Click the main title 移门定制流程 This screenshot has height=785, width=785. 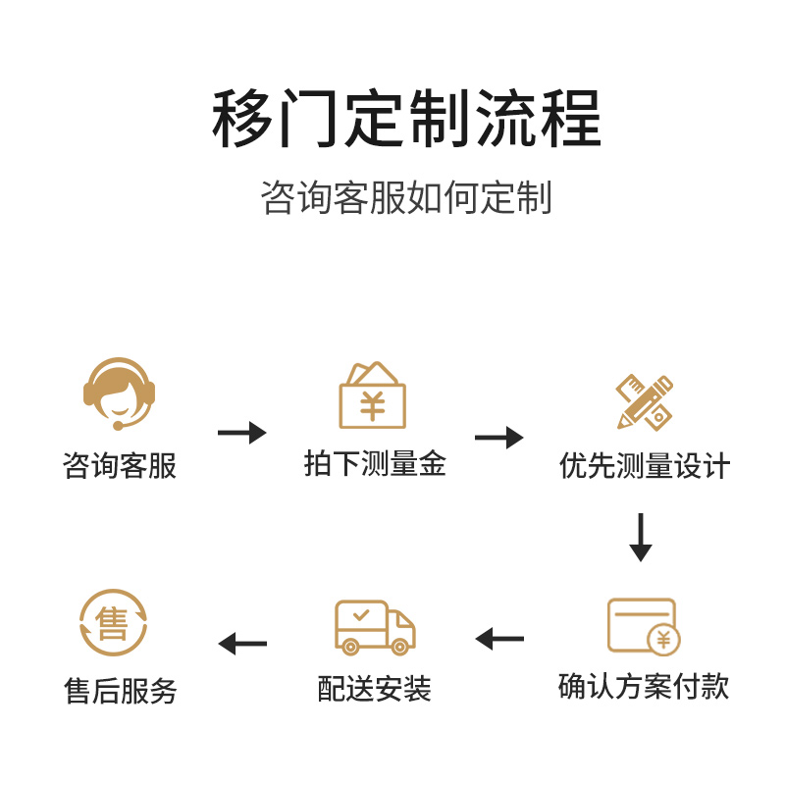coord(406,119)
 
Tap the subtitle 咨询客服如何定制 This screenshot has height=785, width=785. coord(406,197)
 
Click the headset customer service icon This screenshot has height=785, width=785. coord(119,393)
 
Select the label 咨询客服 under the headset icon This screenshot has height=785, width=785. coord(119,465)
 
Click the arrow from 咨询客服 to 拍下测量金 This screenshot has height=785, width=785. coord(242,433)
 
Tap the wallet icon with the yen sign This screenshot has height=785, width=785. coord(372,396)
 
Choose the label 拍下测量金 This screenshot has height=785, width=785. coord(375,464)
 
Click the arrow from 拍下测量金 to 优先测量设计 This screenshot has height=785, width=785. coord(499,438)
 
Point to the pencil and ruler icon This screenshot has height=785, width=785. coord(644,401)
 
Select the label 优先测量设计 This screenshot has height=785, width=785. coord(645,465)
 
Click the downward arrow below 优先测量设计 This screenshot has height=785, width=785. coord(641,537)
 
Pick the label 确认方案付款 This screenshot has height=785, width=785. coord(644,686)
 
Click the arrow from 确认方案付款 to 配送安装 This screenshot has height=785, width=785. coord(499,639)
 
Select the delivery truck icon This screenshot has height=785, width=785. coord(375,627)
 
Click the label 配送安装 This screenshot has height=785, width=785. coord(375,689)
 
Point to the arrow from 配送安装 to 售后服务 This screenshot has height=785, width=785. coord(242,644)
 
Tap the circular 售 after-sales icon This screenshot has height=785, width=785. coord(113,623)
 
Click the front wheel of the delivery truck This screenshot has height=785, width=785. coord(399,646)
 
